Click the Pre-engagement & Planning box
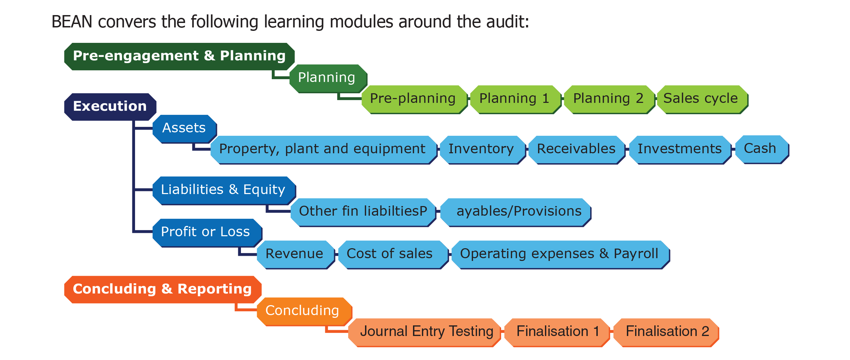(x=179, y=57)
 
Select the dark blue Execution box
(x=110, y=107)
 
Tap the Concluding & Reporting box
(x=163, y=289)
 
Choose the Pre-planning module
(x=414, y=99)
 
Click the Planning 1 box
(x=516, y=99)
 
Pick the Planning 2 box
(x=609, y=99)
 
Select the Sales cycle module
(x=703, y=99)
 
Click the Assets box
(x=184, y=129)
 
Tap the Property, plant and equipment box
(x=324, y=150)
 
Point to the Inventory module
(x=483, y=150)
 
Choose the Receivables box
(x=577, y=150)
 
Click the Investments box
(x=680, y=150)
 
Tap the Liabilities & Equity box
(x=224, y=191)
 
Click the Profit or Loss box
(x=207, y=233)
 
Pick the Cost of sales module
(x=393, y=255)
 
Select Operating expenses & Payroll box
(x=561, y=255)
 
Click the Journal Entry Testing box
(x=424, y=333)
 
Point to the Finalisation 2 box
(x=666, y=333)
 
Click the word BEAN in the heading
(x=72, y=22)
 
